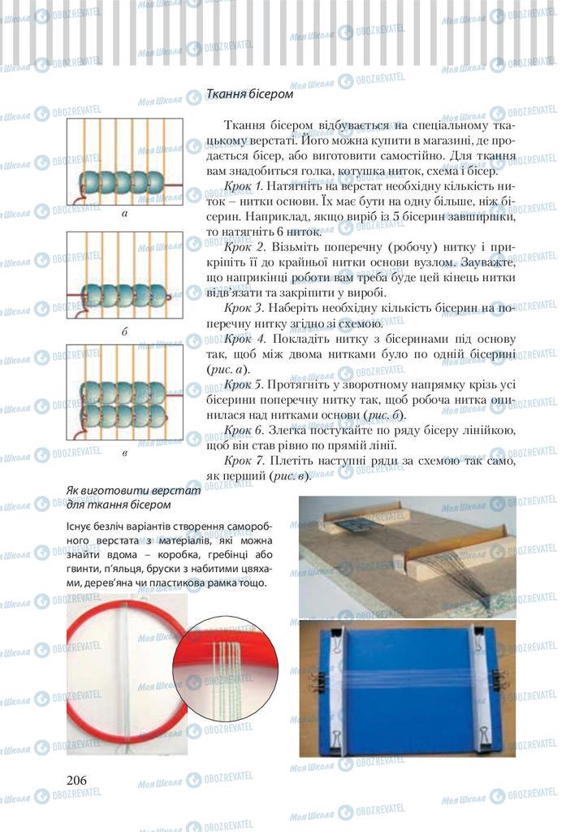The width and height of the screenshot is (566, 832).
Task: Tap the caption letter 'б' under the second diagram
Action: pos(124,331)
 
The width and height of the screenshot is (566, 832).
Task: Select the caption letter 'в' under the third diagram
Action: pos(124,452)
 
